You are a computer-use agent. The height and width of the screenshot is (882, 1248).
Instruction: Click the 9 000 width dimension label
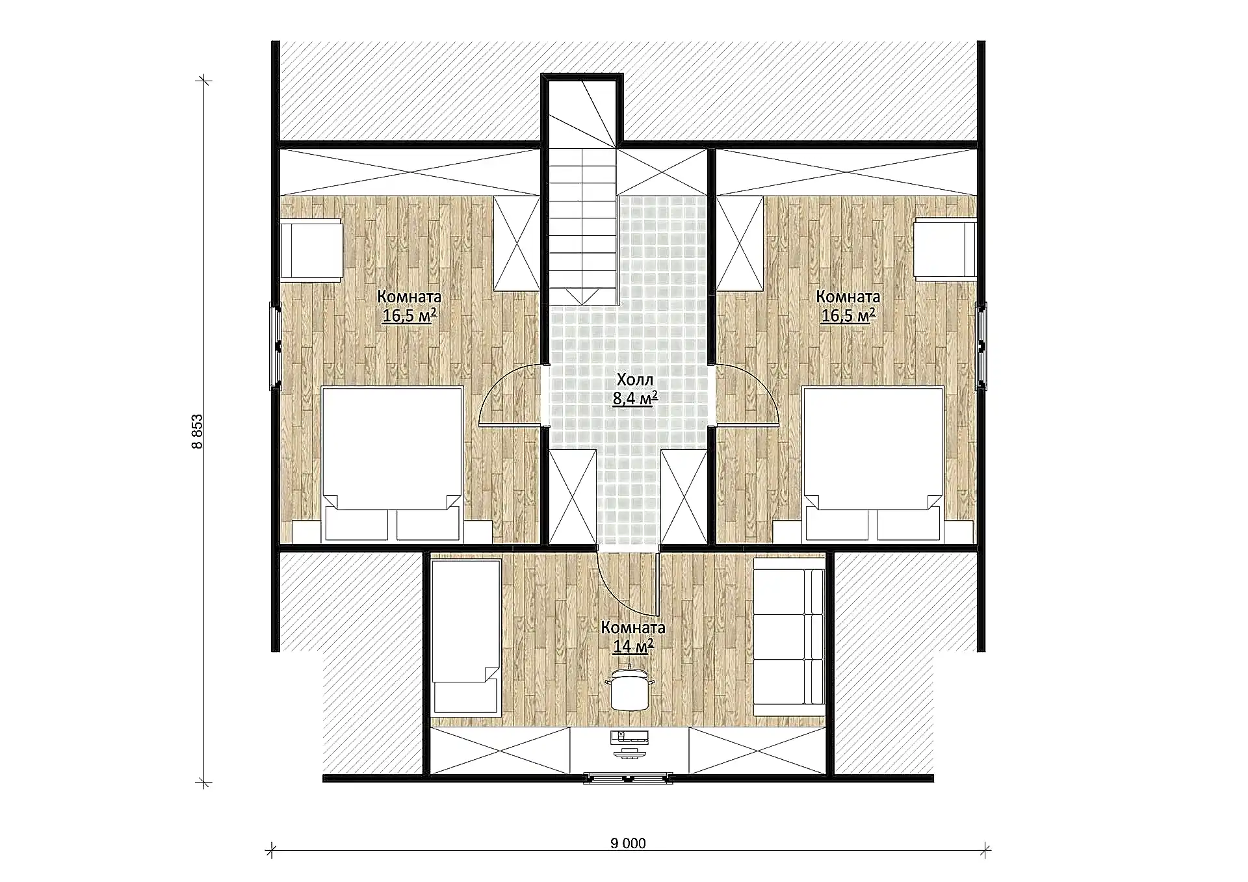628,844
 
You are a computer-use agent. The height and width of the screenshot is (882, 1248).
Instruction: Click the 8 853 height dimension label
198,432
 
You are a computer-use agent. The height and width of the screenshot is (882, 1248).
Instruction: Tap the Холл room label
635,380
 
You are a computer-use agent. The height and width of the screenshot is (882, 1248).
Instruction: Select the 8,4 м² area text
635,398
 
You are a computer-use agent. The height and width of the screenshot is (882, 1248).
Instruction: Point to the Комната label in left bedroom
409,297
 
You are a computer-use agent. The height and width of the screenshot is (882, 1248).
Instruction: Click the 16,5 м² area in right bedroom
848,316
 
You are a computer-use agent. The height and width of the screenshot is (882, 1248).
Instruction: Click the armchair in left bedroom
311,251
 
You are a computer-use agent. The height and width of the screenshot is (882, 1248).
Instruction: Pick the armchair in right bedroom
945,251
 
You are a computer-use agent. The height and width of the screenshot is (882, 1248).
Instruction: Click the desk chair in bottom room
629,687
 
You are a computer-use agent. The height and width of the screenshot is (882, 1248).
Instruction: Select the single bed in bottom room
466,638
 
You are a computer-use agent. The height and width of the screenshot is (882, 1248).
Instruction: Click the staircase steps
582,224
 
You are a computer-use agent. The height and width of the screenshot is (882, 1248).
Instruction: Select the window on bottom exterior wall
628,778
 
